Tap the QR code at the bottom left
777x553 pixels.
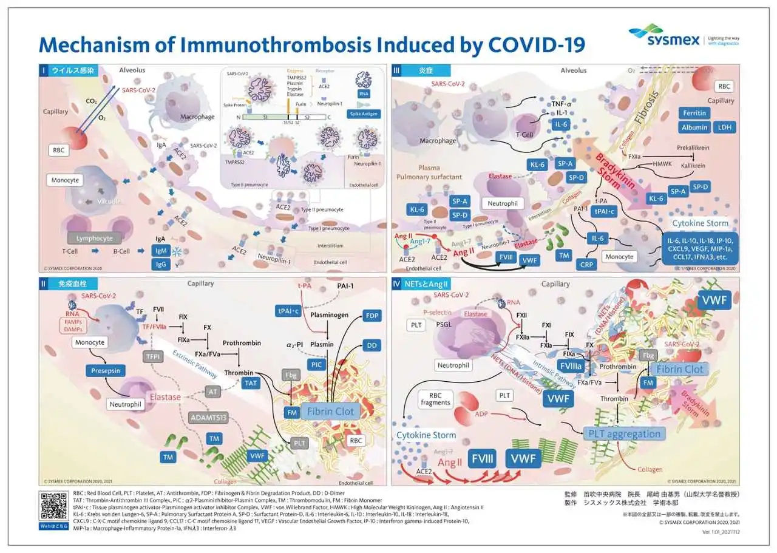coord(53,505)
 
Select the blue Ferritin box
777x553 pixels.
coord(694,113)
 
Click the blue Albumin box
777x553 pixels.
coord(694,127)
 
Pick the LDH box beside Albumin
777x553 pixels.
coord(724,127)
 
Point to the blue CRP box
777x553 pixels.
coord(587,265)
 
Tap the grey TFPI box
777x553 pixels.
coord(151,356)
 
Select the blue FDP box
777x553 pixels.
coord(372,316)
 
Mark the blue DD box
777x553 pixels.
coord(372,345)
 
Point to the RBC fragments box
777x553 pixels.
coord(435,398)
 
